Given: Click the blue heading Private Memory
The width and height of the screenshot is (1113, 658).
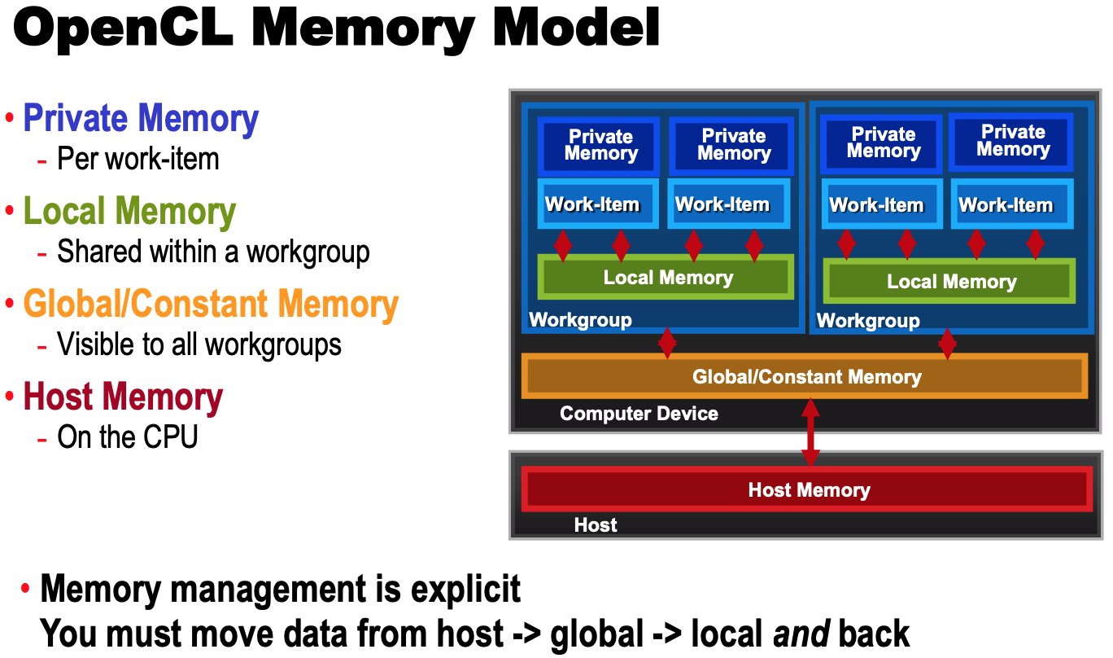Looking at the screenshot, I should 141,118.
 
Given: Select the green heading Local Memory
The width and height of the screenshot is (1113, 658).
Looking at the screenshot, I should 129,211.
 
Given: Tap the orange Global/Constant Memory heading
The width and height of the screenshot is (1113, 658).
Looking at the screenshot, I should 211,304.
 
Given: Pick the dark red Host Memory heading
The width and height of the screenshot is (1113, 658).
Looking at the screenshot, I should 123,397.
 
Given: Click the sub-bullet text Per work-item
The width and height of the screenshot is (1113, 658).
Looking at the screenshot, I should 137,158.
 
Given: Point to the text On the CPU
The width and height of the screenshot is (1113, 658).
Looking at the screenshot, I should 127,437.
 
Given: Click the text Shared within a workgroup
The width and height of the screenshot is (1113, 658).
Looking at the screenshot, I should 213,252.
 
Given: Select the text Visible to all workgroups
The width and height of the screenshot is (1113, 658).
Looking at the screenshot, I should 199,344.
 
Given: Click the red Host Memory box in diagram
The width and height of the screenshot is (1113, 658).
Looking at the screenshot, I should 808,489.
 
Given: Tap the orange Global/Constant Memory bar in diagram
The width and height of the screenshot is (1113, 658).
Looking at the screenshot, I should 805,376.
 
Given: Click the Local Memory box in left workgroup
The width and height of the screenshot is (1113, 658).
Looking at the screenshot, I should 666,278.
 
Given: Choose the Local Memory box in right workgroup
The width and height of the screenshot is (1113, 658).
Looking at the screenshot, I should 949,282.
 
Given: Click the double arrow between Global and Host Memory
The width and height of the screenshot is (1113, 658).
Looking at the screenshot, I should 810,432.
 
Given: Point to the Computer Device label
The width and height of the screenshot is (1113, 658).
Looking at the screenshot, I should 639,414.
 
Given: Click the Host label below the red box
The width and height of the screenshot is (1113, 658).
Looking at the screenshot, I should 596,525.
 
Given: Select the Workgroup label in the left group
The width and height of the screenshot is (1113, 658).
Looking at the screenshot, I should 580,320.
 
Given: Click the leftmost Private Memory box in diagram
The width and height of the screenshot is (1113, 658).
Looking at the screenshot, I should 600,145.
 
